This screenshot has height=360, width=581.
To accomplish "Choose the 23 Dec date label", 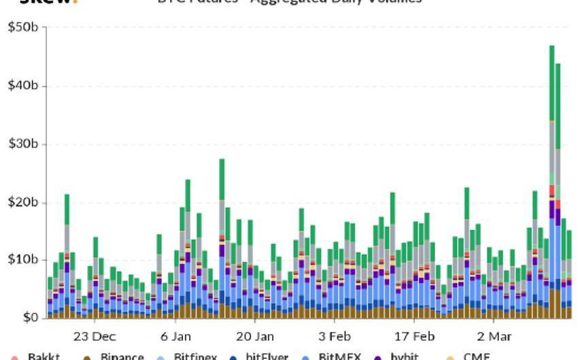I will [x=95, y=336].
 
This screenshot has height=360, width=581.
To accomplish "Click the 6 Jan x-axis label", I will [x=176, y=336].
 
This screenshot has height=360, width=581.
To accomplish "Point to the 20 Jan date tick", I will [x=255, y=336].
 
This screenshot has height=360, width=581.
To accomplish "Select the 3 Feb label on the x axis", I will [x=335, y=336].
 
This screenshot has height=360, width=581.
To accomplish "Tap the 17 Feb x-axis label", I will [x=414, y=336].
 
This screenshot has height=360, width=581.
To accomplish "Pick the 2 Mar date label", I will [x=495, y=336].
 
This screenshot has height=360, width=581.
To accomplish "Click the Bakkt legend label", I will [x=44, y=356].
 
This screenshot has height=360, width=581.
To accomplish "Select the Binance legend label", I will [x=122, y=356].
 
